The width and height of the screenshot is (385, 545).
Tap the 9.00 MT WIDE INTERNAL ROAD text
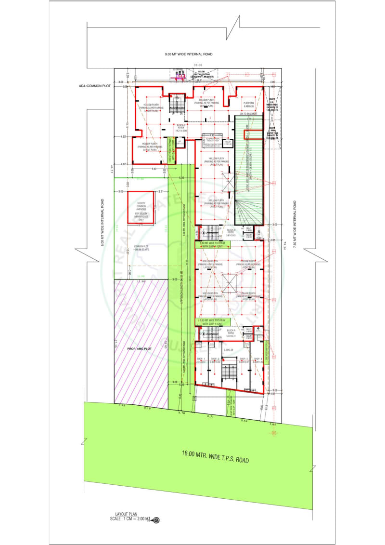189,54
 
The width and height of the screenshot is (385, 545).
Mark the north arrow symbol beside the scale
156,519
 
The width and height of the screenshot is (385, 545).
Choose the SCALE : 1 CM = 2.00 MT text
130,519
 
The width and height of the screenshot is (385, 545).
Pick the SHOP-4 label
258,359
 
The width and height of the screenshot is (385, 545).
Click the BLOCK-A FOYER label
231,332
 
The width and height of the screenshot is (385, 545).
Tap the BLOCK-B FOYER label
231,234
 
